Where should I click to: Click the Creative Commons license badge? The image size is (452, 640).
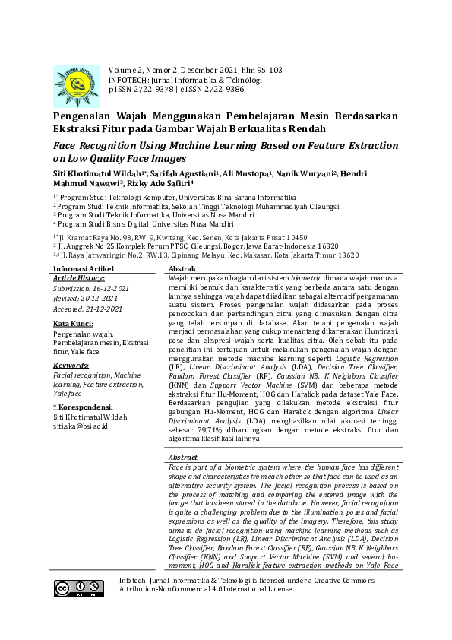point(78,588)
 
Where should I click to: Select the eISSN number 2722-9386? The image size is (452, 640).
point(220,89)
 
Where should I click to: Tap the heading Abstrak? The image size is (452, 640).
point(183,270)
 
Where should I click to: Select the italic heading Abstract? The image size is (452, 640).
point(184,457)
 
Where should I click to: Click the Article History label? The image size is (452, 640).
point(78,279)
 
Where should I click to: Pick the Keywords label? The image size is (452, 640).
point(71,366)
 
